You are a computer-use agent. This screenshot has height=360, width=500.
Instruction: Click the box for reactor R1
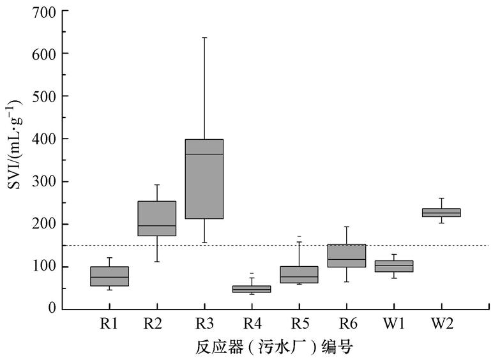[109, 276]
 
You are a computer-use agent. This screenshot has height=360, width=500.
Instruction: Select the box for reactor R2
[157, 218]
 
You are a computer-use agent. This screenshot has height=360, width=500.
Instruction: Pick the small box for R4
[252, 289]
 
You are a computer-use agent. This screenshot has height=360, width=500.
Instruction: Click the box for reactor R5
[299, 274]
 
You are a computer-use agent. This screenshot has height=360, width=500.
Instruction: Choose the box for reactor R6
[346, 255]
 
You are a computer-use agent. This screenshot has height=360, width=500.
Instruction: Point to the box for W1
[393, 266]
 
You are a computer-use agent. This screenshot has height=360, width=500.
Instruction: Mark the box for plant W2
[441, 213]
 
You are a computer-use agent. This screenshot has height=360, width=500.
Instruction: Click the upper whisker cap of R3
[204, 38]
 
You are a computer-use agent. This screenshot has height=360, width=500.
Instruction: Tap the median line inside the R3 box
[204, 154]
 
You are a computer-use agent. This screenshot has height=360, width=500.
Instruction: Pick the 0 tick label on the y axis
[51, 309]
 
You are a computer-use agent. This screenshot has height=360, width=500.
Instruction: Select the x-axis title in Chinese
[273, 347]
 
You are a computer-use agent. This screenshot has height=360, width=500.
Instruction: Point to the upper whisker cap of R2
[157, 185]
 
